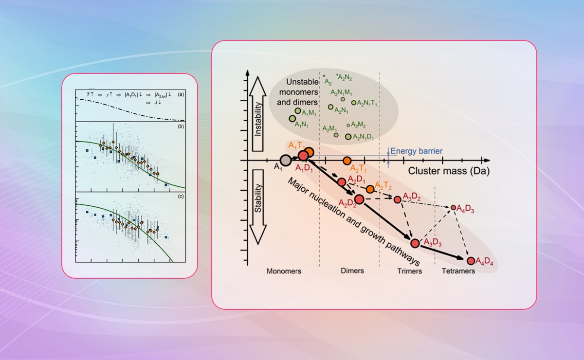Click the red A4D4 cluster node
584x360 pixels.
point(471,261)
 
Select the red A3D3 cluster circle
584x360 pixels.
point(415,243)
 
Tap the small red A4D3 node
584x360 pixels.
point(453,207)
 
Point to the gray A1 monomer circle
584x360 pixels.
point(286,160)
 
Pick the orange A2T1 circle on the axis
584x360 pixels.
point(347,160)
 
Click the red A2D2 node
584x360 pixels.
point(359,198)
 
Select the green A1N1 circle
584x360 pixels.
point(292,118)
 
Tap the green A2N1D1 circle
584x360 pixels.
point(348,137)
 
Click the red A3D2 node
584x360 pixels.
point(398,199)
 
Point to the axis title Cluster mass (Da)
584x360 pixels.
point(449,171)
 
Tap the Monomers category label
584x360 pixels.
point(284,271)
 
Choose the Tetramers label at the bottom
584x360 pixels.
point(458,271)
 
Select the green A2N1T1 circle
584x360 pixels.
point(354,103)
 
